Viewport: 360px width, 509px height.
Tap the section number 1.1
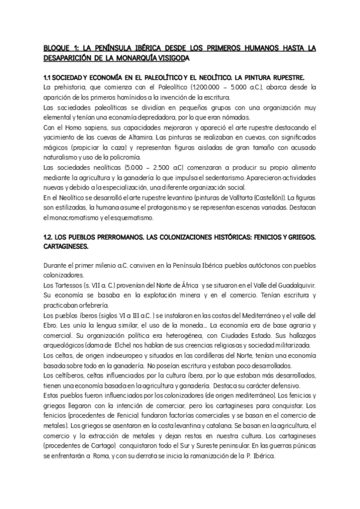[49, 77]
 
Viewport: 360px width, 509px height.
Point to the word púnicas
[301, 448]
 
